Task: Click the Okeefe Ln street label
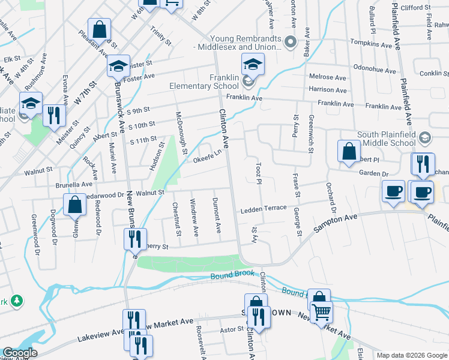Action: (208, 158)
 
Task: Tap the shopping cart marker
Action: (321, 312)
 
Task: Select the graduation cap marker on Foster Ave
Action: (119, 67)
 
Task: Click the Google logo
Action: (20, 353)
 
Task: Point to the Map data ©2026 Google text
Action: (411, 355)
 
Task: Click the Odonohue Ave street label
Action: (375, 67)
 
